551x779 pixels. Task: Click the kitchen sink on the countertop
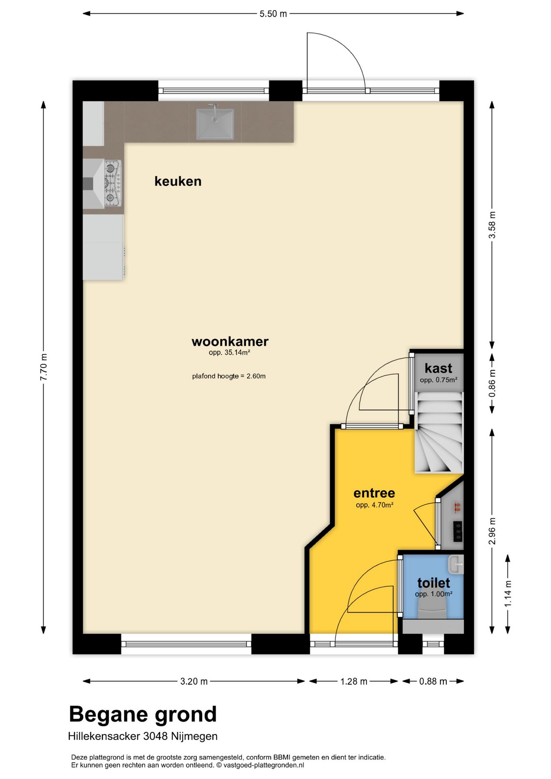click(215, 123)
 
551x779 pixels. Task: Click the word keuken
click(178, 181)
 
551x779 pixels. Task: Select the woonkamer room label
click(230, 341)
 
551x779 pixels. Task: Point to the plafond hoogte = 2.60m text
click(229, 376)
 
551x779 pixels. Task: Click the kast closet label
click(438, 368)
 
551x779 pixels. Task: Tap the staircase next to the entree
click(439, 433)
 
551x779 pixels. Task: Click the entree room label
click(374, 493)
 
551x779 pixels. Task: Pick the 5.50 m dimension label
click(273, 14)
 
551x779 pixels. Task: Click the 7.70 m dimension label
click(44, 367)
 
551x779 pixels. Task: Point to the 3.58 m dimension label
click(492, 225)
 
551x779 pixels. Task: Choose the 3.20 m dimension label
click(194, 681)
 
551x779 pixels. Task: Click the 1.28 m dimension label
click(354, 681)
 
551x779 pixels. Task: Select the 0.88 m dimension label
click(433, 681)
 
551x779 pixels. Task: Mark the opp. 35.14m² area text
click(229, 353)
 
